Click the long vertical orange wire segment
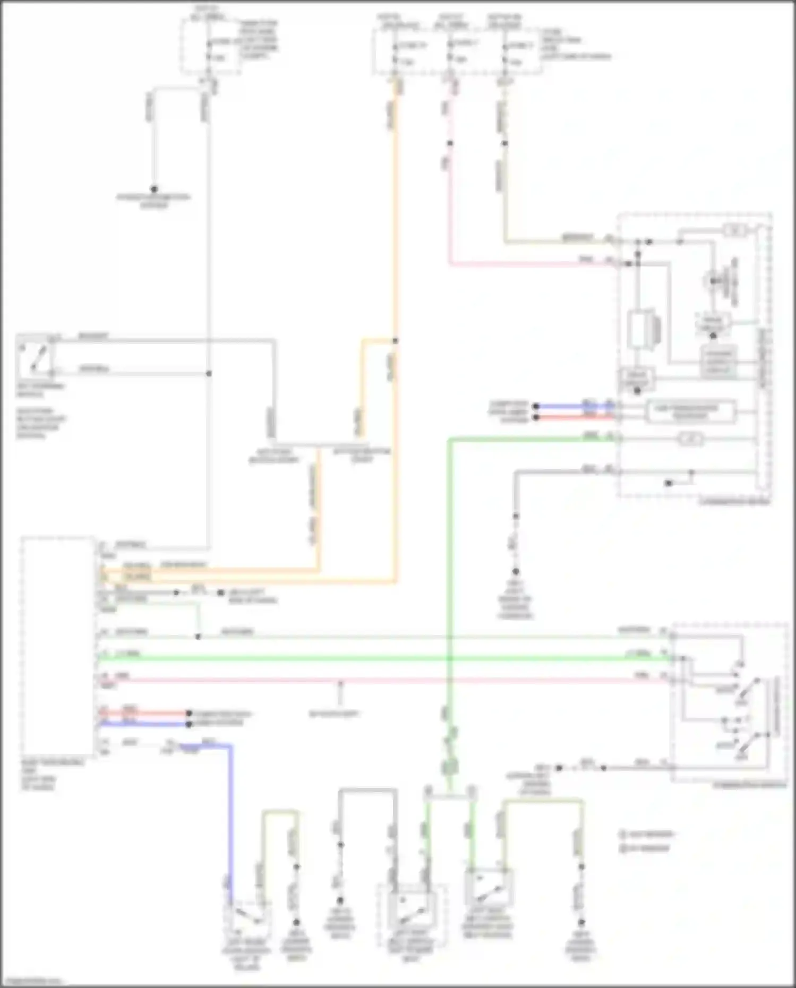(x=395, y=212)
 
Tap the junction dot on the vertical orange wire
(x=395, y=340)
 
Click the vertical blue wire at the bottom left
(x=231, y=823)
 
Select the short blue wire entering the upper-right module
(x=574, y=406)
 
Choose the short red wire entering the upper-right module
(x=574, y=417)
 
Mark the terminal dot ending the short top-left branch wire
(x=154, y=189)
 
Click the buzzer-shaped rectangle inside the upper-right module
(x=644, y=330)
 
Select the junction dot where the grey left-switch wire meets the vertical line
(x=209, y=373)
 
